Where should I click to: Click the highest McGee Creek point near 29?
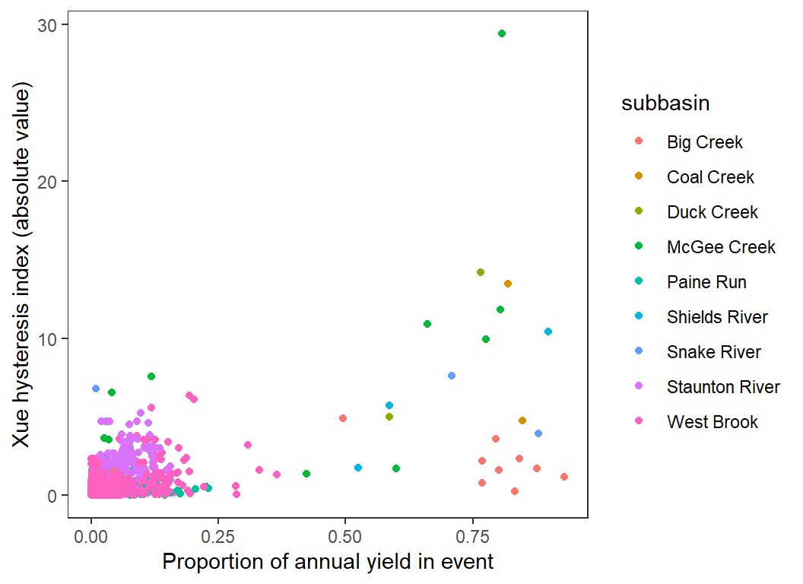pos(502,33)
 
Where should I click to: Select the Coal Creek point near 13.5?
pos(508,284)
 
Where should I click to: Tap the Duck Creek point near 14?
pos(481,272)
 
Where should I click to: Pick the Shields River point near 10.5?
pos(548,332)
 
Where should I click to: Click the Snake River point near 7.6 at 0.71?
pos(452,376)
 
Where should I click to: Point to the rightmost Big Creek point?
pos(564,477)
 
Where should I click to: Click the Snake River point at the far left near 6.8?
pos(96,389)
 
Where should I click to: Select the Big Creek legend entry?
pos(704,142)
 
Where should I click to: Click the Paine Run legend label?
pos(706,282)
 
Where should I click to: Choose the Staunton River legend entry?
pos(722,387)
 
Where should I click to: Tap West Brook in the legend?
pos(712,422)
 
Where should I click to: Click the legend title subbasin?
pos(665,103)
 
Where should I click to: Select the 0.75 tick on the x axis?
pos(473,538)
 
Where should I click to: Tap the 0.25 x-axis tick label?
pos(218,538)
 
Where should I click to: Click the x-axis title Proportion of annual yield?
pos(328,563)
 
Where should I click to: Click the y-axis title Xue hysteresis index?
pos(21,268)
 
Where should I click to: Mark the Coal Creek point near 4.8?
pos(522,421)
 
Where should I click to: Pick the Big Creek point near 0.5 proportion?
pos(343,418)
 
